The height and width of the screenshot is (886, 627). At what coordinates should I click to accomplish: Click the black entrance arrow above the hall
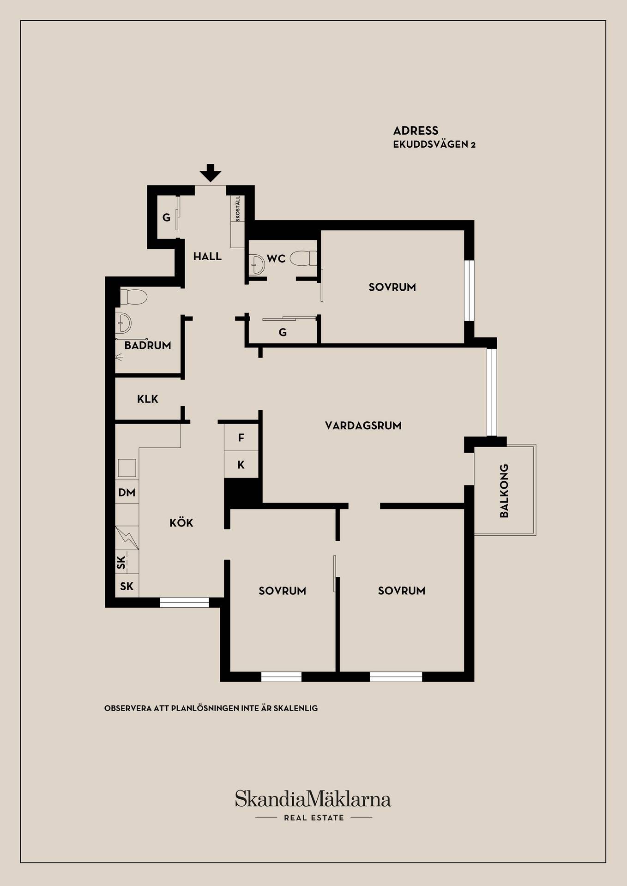(x=211, y=173)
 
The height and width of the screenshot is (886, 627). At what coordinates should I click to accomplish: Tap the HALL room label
(x=207, y=257)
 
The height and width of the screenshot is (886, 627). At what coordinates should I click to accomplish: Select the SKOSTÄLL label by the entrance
(x=238, y=209)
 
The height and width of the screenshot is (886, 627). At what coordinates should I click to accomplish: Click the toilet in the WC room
(x=303, y=258)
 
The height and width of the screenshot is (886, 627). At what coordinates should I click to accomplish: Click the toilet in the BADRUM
(x=133, y=297)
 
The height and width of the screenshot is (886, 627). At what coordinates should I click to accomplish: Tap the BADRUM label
(x=148, y=345)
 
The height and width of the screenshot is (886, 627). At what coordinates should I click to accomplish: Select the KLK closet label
(x=148, y=399)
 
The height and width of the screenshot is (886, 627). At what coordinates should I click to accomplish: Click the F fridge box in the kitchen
(x=241, y=437)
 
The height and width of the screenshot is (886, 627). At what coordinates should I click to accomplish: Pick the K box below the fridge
(x=241, y=465)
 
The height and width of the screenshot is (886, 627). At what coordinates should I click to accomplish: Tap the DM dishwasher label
(x=127, y=492)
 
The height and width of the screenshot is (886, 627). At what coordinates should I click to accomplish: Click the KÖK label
(x=181, y=522)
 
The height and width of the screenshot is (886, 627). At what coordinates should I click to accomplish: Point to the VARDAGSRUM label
(x=363, y=425)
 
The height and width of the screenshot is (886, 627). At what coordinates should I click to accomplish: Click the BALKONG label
(x=504, y=491)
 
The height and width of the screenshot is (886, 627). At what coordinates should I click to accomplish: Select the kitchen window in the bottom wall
(x=184, y=602)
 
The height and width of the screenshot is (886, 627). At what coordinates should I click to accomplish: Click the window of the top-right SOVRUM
(x=469, y=290)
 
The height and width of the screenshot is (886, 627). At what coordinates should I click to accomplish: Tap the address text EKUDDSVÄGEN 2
(x=434, y=144)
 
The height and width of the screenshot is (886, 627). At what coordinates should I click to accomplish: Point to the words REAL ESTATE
(x=314, y=818)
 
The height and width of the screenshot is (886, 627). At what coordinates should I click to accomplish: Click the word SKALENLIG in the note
(x=295, y=708)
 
